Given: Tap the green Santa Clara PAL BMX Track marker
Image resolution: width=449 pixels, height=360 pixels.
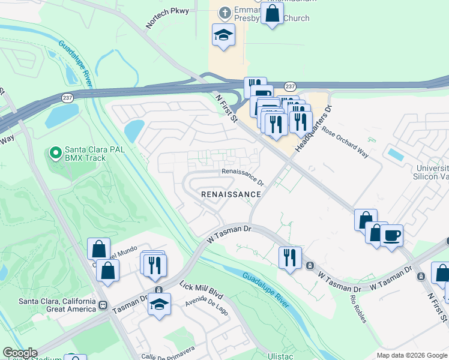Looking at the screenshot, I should tap(55, 154).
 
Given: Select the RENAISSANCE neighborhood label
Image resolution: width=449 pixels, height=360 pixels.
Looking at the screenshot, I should tap(231, 194).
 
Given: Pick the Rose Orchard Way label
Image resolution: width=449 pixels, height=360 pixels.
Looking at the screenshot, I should tap(345, 141).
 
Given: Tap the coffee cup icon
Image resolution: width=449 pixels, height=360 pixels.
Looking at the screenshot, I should tap(392, 234).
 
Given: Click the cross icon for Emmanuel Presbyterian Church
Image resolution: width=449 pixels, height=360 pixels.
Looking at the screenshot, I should tap(225, 12).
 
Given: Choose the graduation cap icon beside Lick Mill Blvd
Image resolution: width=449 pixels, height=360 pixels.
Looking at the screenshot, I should tap(159, 304).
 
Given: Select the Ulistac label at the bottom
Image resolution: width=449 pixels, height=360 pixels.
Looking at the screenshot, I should tap(281, 355).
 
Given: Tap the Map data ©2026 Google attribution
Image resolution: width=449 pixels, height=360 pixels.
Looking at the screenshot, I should tap(411, 355).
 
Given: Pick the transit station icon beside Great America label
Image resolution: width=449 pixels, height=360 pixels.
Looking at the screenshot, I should tap(103, 304).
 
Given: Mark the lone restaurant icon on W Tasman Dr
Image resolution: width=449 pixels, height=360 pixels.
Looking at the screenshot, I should tap(290, 257).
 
